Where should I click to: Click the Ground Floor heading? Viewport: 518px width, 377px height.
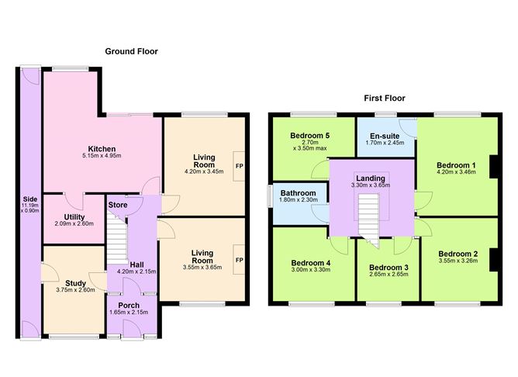click(131, 51)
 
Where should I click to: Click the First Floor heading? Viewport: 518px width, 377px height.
click(385, 99)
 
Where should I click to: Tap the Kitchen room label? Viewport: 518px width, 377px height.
click(102, 148)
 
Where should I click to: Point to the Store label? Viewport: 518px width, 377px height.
click(118, 205)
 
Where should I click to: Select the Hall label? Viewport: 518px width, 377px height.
click(136, 264)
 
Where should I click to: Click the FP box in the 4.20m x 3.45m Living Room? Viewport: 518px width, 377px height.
click(239, 165)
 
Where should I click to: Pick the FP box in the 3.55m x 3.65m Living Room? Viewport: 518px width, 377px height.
click(239, 259)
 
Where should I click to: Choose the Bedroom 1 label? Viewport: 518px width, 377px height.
click(456, 165)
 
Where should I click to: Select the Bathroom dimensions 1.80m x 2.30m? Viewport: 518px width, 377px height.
click(299, 201)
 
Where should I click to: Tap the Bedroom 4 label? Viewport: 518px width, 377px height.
click(310, 263)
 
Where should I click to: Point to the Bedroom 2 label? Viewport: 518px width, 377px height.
click(458, 254)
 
